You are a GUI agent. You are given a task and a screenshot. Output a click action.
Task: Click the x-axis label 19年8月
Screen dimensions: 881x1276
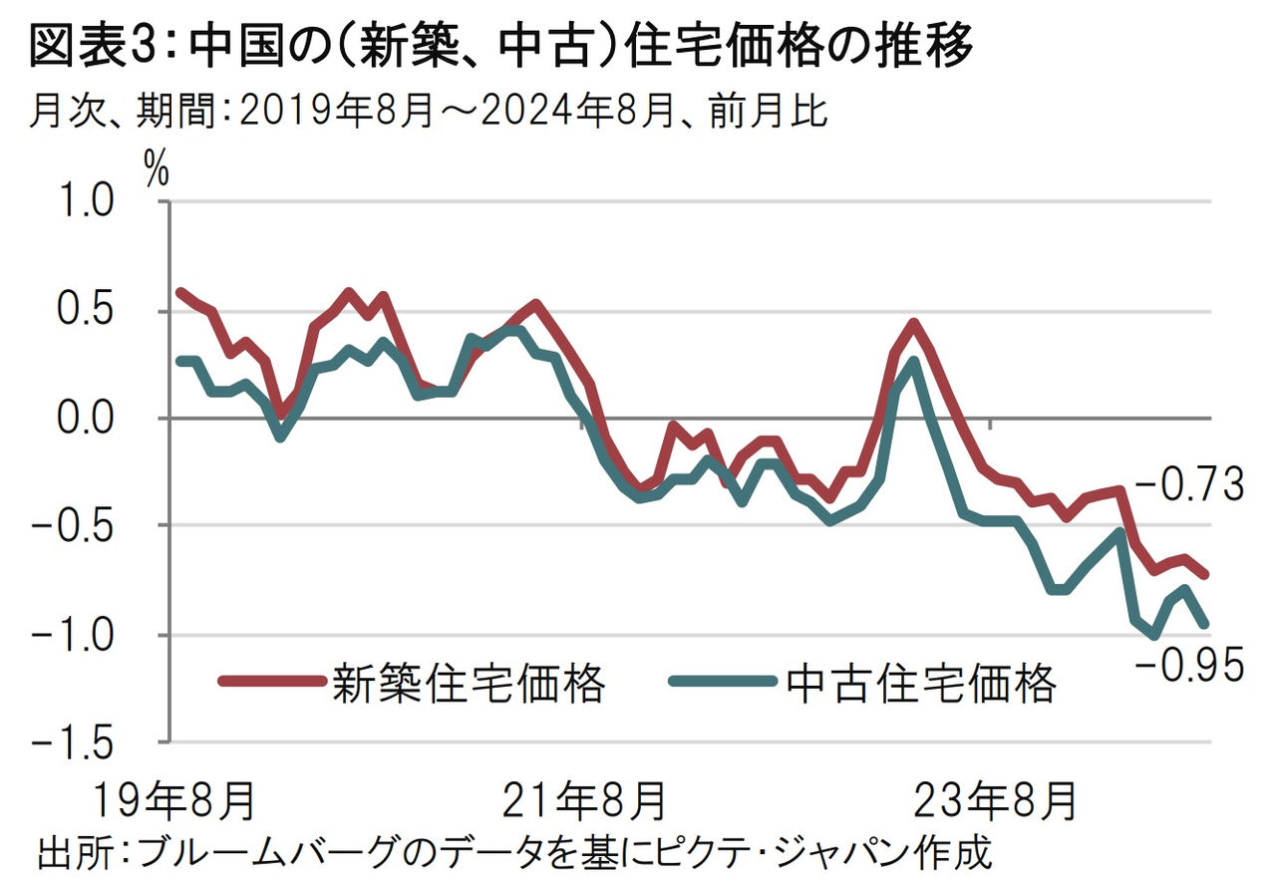(175, 799)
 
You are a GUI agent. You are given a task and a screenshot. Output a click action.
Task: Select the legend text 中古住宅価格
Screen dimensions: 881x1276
(920, 684)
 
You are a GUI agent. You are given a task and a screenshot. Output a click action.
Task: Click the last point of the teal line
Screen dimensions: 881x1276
(1206, 625)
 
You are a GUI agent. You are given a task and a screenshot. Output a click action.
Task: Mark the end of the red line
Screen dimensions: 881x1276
(1206, 575)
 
